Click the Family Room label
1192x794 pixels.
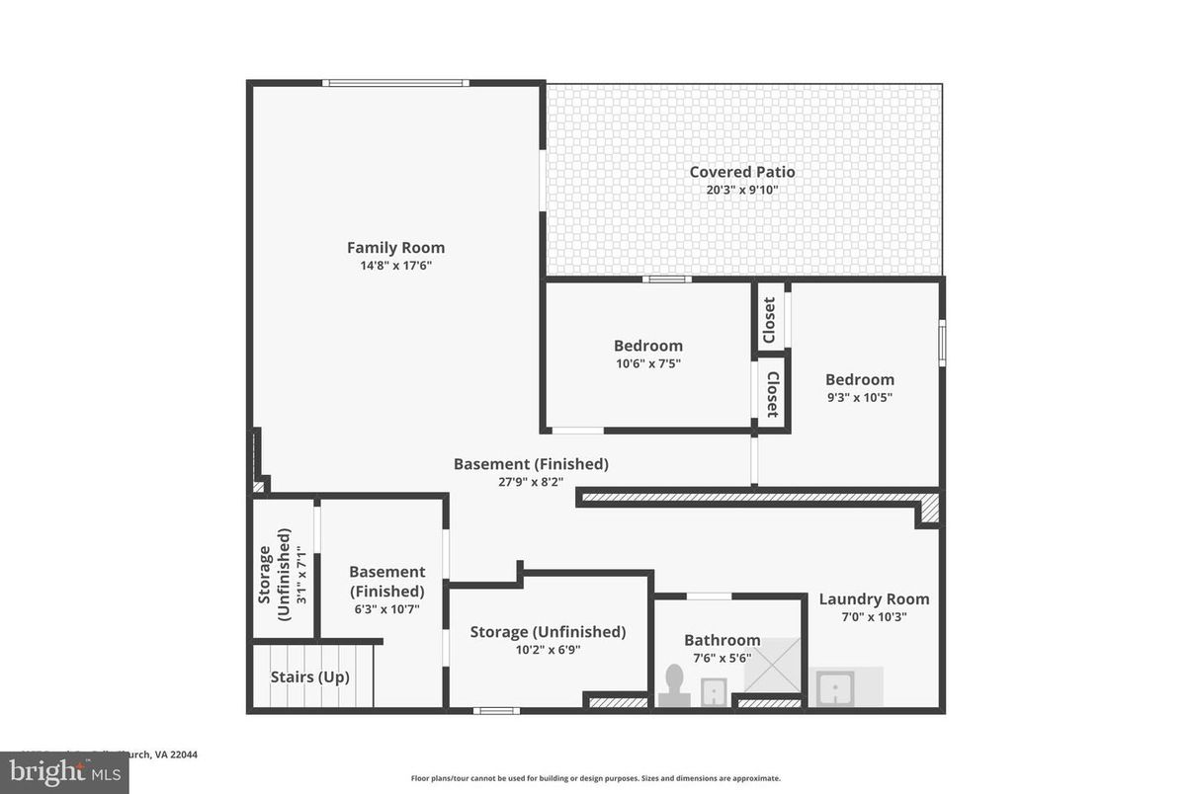(x=395, y=248)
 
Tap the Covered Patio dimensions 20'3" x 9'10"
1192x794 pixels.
(x=741, y=190)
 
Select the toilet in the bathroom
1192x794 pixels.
(x=674, y=684)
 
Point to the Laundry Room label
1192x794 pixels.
(x=874, y=599)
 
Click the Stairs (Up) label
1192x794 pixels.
(x=309, y=677)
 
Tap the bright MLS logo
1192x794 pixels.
(x=63, y=772)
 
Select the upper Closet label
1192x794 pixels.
(x=770, y=320)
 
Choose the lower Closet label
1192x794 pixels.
(x=772, y=395)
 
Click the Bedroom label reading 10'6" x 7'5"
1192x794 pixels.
(x=647, y=346)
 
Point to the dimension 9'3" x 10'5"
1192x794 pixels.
(x=860, y=397)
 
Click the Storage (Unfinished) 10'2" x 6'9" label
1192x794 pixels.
(x=548, y=632)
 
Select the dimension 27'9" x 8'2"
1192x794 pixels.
(x=531, y=482)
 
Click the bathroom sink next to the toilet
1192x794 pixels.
(x=713, y=690)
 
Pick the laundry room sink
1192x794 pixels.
(x=836, y=687)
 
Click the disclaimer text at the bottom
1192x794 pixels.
(x=595, y=778)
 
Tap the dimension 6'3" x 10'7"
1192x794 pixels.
(x=386, y=608)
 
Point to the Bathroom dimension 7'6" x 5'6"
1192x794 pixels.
(x=722, y=658)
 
